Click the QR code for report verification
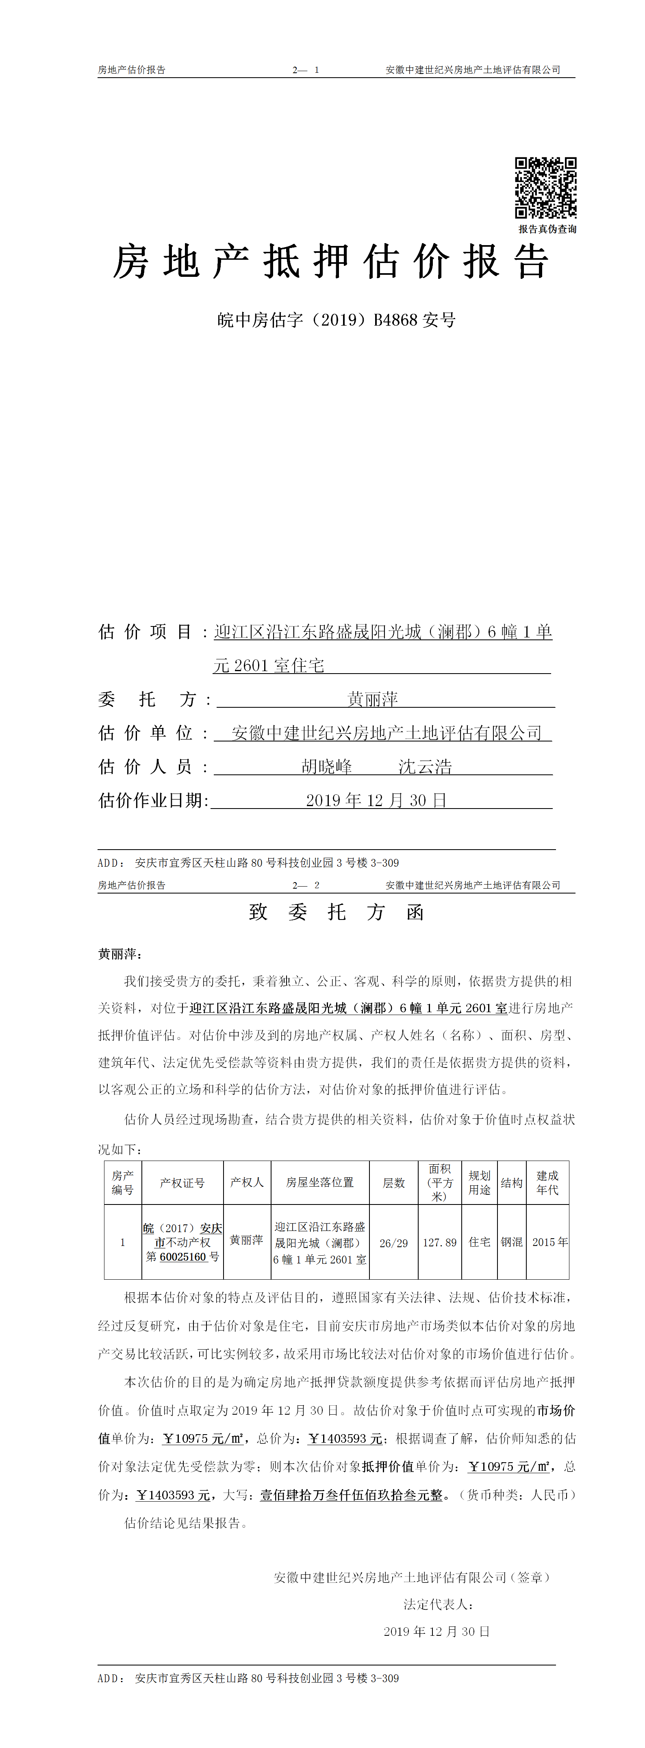(x=545, y=188)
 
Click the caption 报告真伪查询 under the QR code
(x=547, y=229)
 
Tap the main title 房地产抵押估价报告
(x=330, y=262)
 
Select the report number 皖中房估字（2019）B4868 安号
(x=337, y=320)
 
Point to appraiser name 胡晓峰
(x=326, y=767)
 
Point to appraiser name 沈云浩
(x=425, y=767)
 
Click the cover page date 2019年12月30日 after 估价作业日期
(x=376, y=801)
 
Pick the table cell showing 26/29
(x=393, y=1243)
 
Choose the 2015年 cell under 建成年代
(x=549, y=1242)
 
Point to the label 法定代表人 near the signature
(x=437, y=1604)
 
